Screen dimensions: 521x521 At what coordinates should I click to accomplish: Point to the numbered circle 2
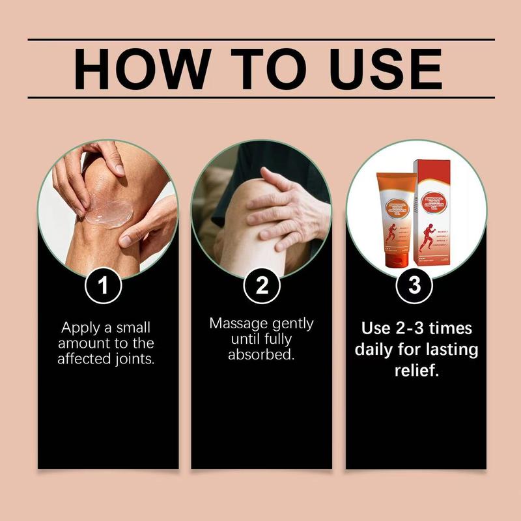click(x=260, y=287)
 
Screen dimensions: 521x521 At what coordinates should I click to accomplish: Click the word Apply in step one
click(x=80, y=328)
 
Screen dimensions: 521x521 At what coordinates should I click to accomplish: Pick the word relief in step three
click(x=415, y=371)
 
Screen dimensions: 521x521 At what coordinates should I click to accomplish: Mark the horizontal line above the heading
click(x=260, y=40)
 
